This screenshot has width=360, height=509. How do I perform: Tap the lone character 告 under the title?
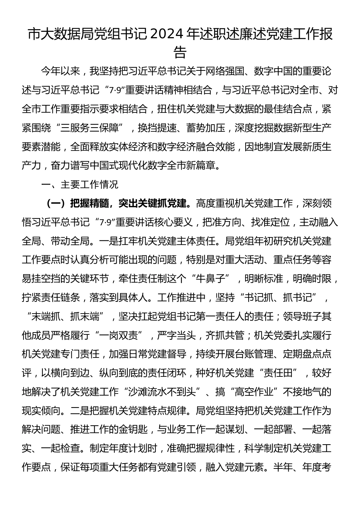point(180,52)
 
